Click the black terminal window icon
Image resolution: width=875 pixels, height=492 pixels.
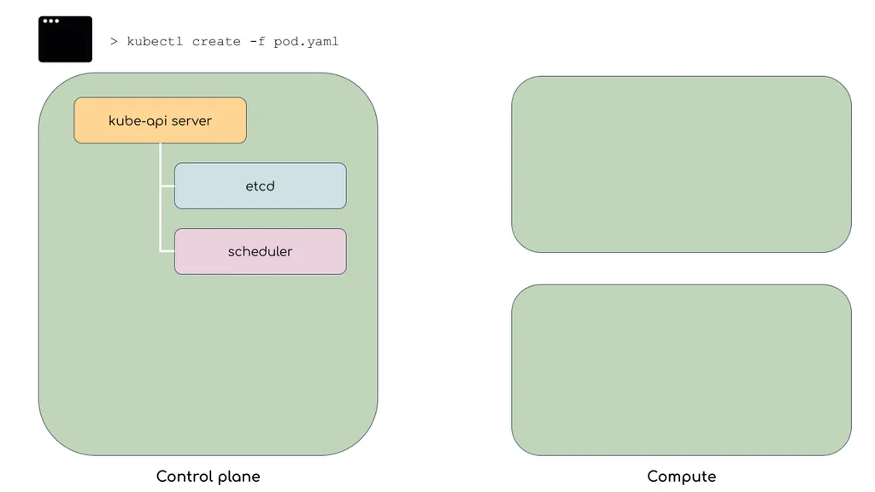pos(65,39)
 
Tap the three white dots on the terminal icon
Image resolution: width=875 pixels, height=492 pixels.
pos(50,21)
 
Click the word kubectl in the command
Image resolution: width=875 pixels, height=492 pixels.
pos(155,41)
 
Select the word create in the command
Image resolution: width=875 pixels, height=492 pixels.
pos(216,42)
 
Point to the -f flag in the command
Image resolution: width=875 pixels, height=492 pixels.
pos(257,41)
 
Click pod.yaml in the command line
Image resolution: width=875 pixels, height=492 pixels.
pos(307,42)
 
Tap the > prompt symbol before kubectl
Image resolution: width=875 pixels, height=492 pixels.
pos(114,41)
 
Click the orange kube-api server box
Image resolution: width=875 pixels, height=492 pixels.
pos(160,120)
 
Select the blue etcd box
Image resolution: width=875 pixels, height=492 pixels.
pos(261,185)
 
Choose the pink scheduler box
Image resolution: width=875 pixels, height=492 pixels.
pos(261,252)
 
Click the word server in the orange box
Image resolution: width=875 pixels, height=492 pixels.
pos(191,121)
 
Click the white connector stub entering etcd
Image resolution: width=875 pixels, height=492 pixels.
pos(167,185)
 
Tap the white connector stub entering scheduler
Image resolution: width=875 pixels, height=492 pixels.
pos(167,251)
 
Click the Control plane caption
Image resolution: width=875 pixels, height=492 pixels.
pos(208,477)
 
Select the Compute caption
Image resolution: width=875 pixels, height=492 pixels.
pos(681,477)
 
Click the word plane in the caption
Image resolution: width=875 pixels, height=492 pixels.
pos(239,477)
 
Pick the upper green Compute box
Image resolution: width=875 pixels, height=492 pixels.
pos(681,165)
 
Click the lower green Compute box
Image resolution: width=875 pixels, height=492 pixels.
pos(681,371)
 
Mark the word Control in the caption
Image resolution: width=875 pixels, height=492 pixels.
pos(185,477)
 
